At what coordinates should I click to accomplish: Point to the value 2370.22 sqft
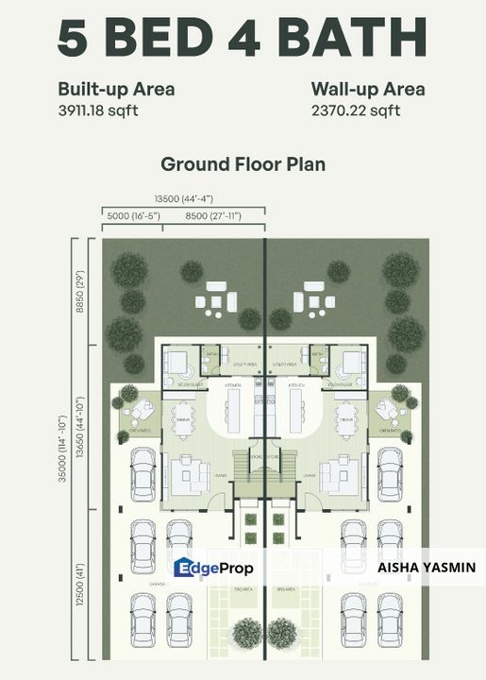pyautogui.click(x=356, y=110)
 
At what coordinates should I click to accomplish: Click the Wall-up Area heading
pyautogui.click(x=367, y=90)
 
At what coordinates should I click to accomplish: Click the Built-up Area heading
pyautogui.click(x=116, y=90)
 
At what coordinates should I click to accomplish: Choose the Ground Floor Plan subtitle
pyautogui.click(x=243, y=163)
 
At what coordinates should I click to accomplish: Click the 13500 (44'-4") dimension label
pyautogui.click(x=184, y=198)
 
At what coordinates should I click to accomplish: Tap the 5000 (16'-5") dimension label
pyautogui.click(x=132, y=216)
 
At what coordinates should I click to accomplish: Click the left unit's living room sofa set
pyautogui.click(x=189, y=474)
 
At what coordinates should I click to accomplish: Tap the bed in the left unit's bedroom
pyautogui.click(x=176, y=364)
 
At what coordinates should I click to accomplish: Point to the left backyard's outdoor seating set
pyautogui.click(x=216, y=299)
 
